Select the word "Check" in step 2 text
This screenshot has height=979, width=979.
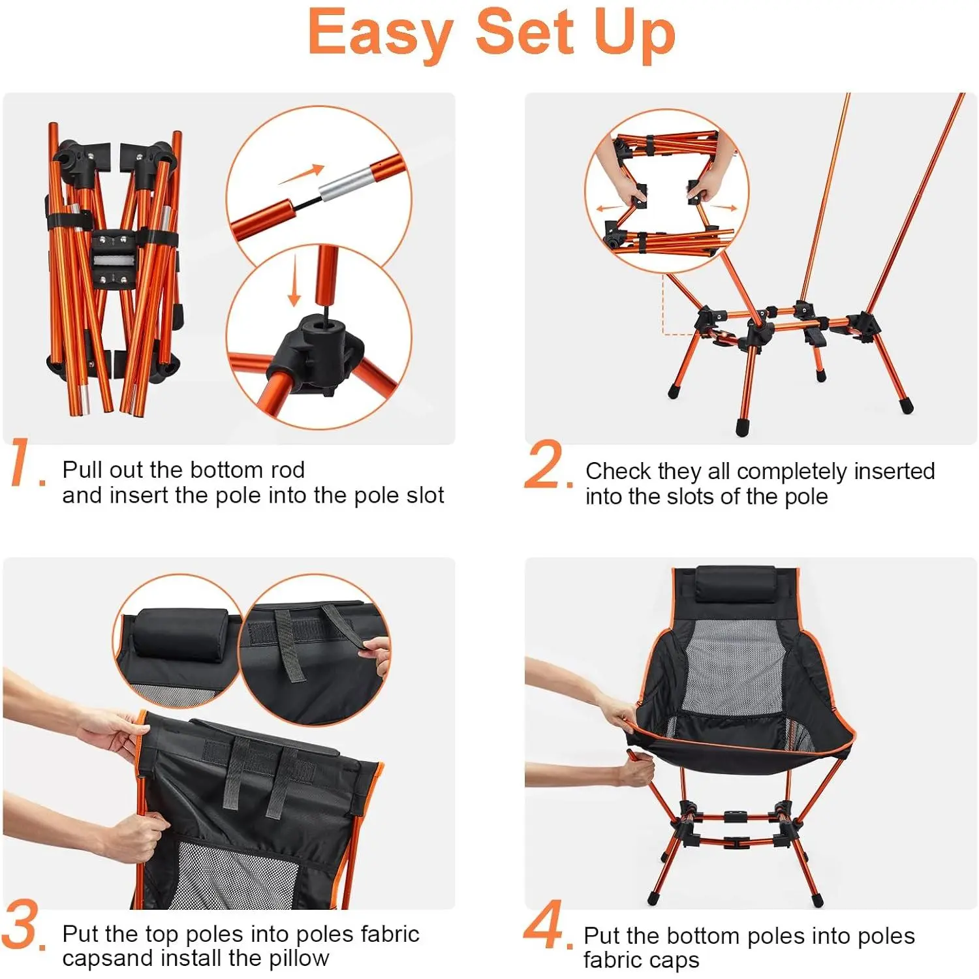click(618, 471)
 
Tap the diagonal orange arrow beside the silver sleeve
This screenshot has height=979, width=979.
click(302, 174)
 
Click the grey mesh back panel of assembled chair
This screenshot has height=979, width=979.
click(733, 666)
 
